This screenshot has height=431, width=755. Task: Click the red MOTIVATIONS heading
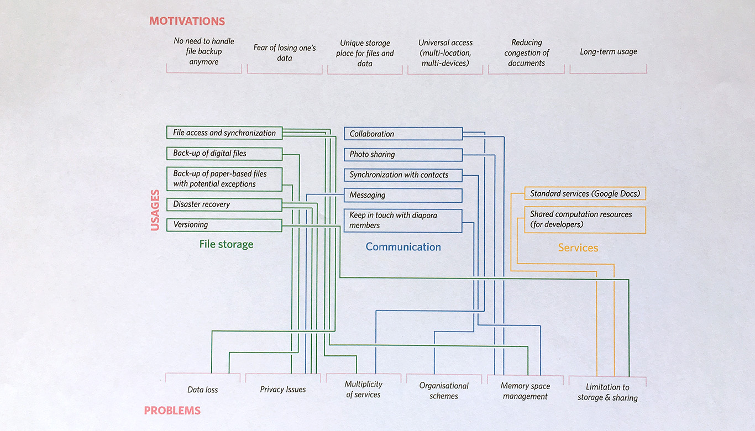187,21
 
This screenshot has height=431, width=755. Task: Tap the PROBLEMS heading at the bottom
172,411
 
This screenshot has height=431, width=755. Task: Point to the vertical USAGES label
155,211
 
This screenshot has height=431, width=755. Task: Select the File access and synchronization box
224,133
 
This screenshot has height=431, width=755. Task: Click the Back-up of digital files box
224,154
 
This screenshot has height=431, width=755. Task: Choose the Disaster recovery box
224,204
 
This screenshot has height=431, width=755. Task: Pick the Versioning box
224,225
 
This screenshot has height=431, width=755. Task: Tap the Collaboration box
403,134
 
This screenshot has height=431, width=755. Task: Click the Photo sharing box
403,155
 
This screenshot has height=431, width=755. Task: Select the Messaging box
403,196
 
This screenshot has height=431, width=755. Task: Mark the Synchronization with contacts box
403,175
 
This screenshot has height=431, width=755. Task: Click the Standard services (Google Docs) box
585,193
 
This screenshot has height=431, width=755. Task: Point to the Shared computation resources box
585,220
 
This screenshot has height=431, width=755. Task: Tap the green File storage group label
226,244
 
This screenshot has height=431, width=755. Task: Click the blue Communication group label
403,247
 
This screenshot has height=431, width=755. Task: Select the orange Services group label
578,248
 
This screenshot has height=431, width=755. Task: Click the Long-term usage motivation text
609,51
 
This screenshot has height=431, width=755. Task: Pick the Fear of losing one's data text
285,52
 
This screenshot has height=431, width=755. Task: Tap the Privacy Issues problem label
283,390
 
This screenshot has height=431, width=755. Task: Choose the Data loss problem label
203,390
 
